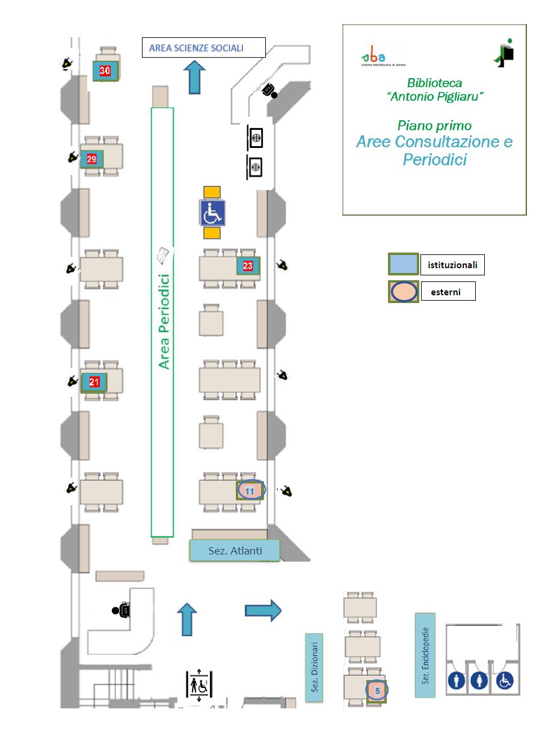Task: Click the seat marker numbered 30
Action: point(105,70)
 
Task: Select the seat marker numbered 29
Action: point(91,159)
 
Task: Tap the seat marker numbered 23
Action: point(248,265)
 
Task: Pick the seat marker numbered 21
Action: point(94,381)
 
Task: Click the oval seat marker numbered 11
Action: point(250,491)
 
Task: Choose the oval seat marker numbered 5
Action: point(377,691)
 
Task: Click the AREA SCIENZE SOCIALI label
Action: point(203,48)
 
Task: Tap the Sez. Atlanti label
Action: point(235,550)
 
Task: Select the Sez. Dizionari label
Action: point(314,667)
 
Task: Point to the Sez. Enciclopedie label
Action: point(425,655)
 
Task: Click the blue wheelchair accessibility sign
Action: point(212,212)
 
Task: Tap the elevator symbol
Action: point(199,684)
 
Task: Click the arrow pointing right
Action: point(263,610)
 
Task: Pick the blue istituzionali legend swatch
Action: point(403,264)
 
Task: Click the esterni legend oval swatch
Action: point(403,292)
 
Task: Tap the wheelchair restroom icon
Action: point(505,681)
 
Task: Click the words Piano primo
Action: point(434,125)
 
